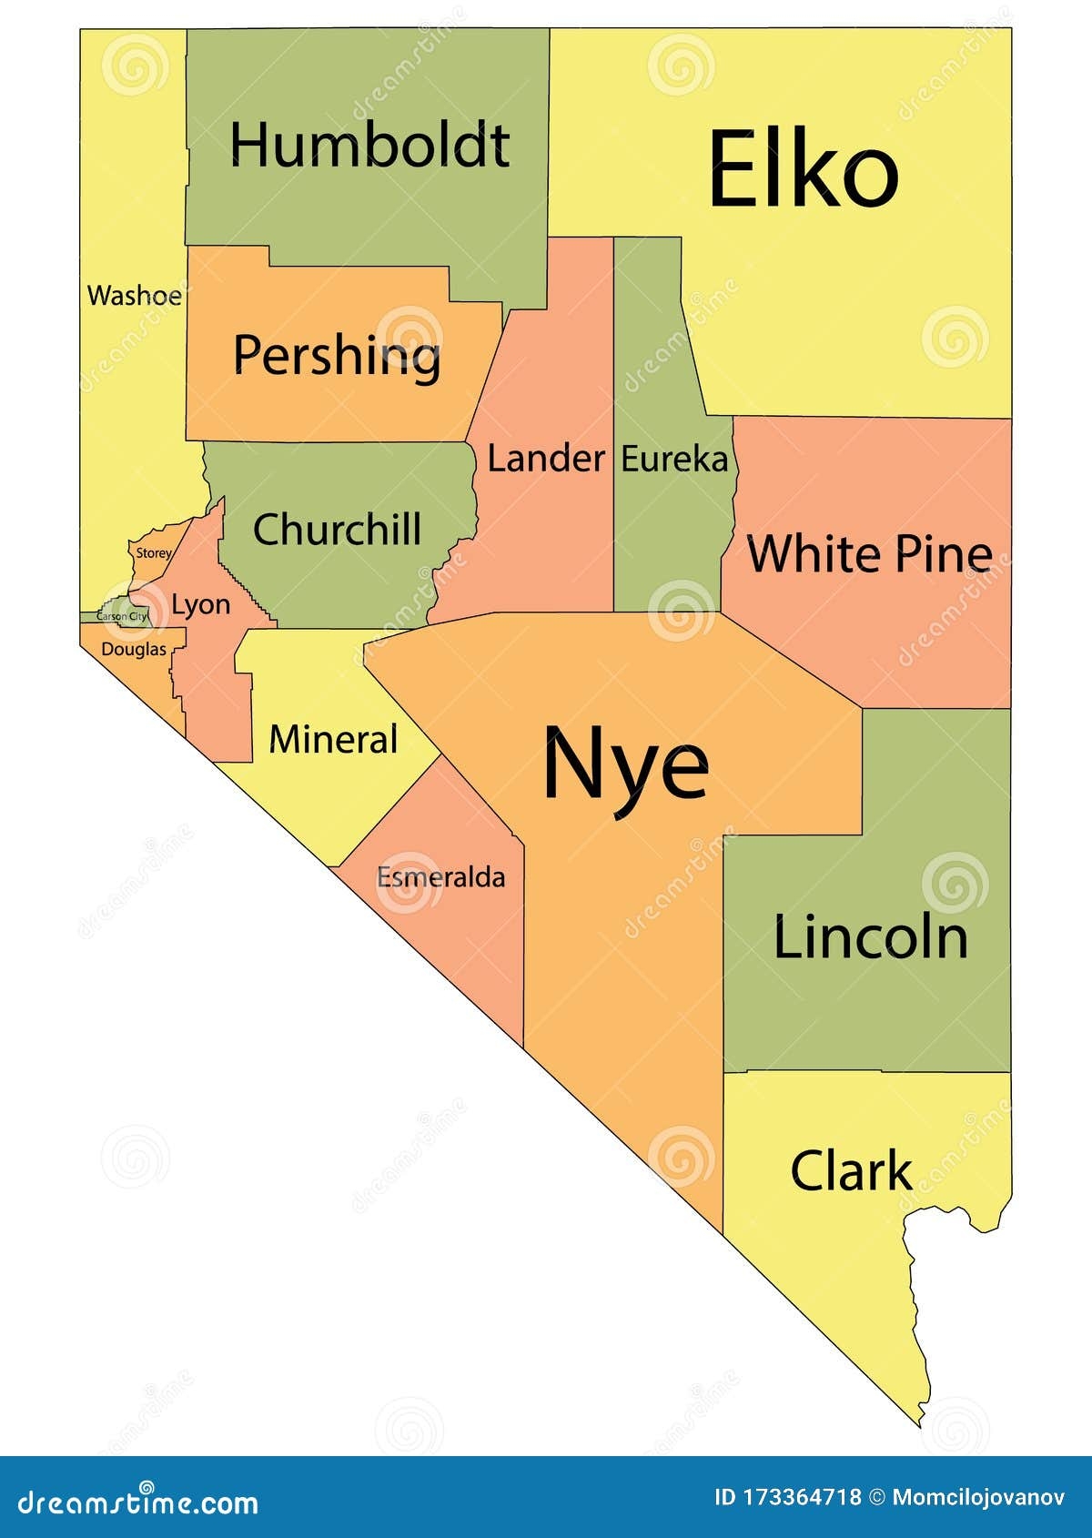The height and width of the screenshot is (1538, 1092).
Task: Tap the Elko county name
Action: [803, 170]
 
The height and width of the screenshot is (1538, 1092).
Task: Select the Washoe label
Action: [134, 296]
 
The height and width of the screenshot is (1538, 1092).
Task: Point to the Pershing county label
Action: [337, 355]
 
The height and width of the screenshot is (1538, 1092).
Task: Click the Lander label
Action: [546, 459]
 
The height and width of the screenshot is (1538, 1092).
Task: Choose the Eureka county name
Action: [674, 460]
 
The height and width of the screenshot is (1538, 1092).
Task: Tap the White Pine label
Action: [869, 553]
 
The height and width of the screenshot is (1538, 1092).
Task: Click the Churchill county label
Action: [337, 530]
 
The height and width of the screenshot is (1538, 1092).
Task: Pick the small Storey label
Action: [154, 553]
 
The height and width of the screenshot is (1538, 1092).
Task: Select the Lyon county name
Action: [200, 605]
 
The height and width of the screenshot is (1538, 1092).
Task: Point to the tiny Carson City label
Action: [122, 617]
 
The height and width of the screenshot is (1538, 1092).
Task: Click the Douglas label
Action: [134, 650]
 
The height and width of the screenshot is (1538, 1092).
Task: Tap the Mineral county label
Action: [333, 739]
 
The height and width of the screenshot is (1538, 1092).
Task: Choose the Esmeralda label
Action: [440, 878]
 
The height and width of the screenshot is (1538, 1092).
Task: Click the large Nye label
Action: [625, 764]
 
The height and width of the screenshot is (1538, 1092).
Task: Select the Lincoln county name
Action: [870, 937]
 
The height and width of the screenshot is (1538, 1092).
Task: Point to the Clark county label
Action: [851, 1170]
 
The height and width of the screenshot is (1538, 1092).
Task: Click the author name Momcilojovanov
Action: [978, 1497]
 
